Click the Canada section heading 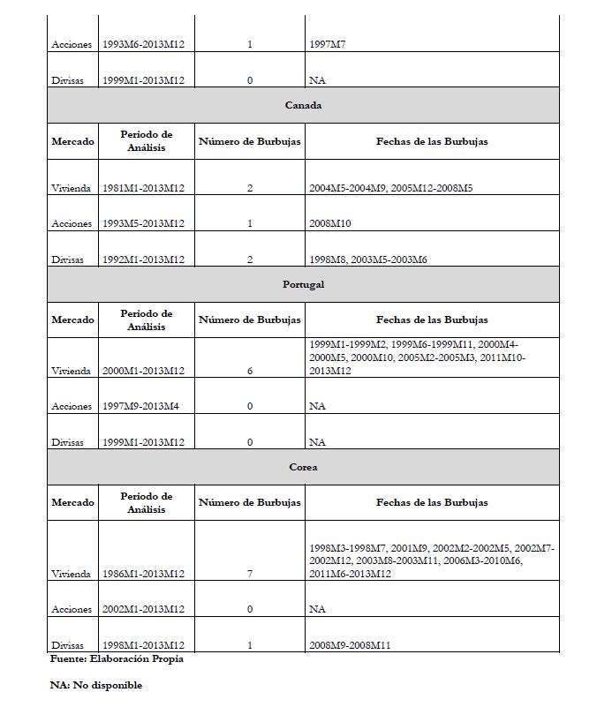pyautogui.click(x=303, y=105)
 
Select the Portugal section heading pyautogui.click(x=303, y=284)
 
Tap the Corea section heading pyautogui.click(x=303, y=467)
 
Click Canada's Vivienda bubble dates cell pyautogui.click(x=393, y=188)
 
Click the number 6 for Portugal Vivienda pyautogui.click(x=250, y=371)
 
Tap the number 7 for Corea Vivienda pyautogui.click(x=250, y=574)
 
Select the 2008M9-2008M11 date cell pyautogui.click(x=351, y=645)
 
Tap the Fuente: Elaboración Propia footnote pyautogui.click(x=117, y=658)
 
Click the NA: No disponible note pyautogui.click(x=95, y=685)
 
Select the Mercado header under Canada pyautogui.click(x=72, y=141)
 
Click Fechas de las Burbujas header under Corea pyautogui.click(x=432, y=502)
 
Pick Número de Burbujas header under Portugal pyautogui.click(x=250, y=320)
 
